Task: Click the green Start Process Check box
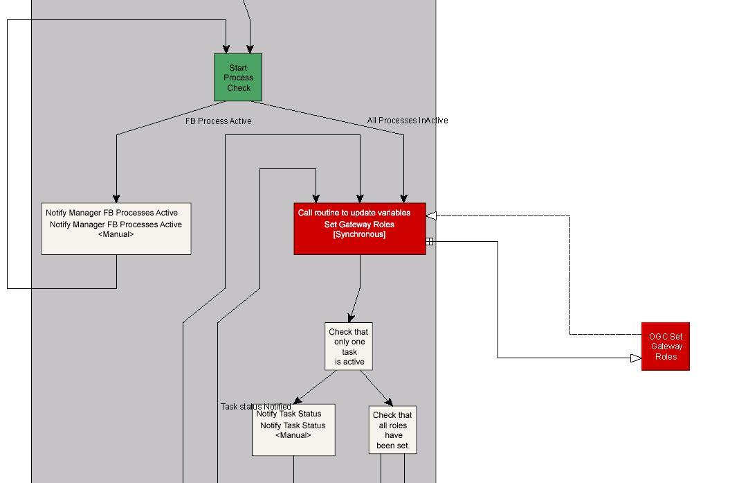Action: (238, 78)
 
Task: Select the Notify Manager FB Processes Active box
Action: (116, 229)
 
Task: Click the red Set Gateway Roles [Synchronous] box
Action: (359, 229)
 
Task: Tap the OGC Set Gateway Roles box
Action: (665, 346)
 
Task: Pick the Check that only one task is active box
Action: (349, 346)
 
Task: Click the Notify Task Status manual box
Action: (293, 430)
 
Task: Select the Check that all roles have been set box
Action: (393, 430)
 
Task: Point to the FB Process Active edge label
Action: (218, 121)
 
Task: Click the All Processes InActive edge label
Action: (407, 121)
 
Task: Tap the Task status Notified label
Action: (255, 407)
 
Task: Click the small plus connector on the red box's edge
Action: (429, 241)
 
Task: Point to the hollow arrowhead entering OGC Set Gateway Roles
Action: (636, 358)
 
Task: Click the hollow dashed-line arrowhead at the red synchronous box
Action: (431, 216)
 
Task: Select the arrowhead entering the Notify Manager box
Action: (116, 198)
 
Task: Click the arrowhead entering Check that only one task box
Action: (351, 317)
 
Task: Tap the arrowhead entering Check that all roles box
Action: (389, 402)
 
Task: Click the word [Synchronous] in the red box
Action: (359, 234)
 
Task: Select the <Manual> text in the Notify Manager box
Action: (116, 234)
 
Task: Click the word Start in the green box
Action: (238, 68)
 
